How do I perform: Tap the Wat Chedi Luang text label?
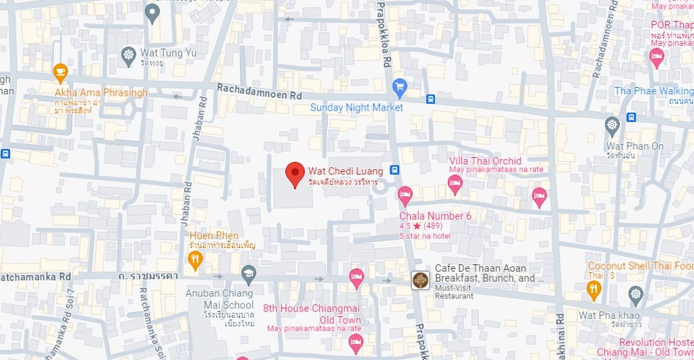(345, 171)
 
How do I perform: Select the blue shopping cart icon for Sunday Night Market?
(399, 86)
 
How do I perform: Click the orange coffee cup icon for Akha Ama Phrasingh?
(60, 71)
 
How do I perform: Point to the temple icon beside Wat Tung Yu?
(129, 54)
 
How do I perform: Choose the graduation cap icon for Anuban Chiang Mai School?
(248, 274)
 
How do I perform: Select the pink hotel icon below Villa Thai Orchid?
(455, 183)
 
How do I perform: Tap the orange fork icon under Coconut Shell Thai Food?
(594, 290)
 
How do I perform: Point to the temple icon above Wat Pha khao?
(635, 295)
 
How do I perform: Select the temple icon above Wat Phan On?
(612, 125)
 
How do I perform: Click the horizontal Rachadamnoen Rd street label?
(259, 93)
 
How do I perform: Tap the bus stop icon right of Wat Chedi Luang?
(395, 170)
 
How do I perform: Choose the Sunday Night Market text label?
(356, 107)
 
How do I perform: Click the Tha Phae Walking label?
(653, 91)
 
